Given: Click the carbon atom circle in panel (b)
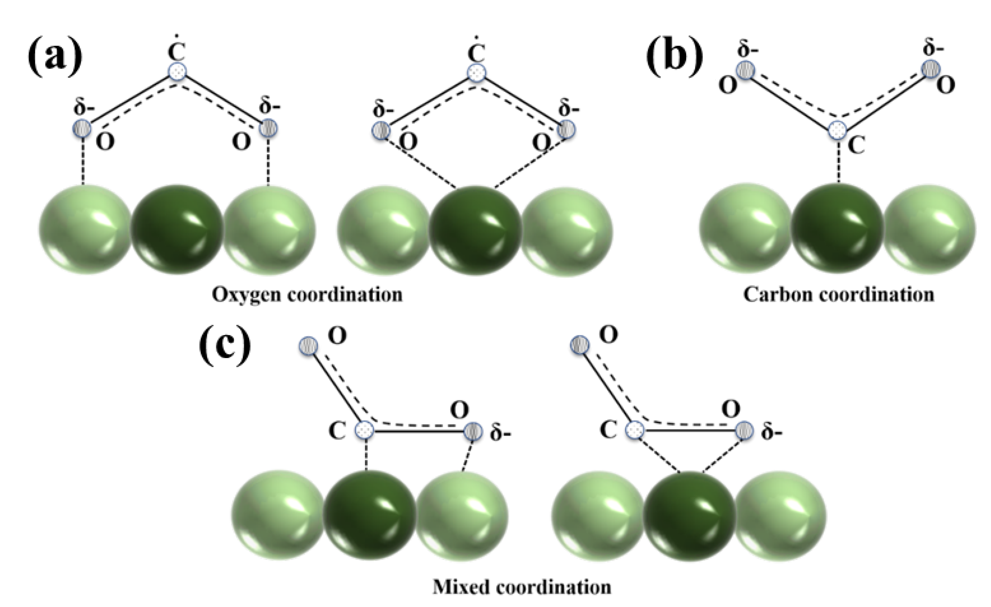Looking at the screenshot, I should (838, 129).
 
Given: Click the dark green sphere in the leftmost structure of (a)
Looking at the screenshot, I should (177, 229).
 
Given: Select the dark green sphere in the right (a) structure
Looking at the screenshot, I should (475, 230).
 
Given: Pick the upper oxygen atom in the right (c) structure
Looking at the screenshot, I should (580, 345).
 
